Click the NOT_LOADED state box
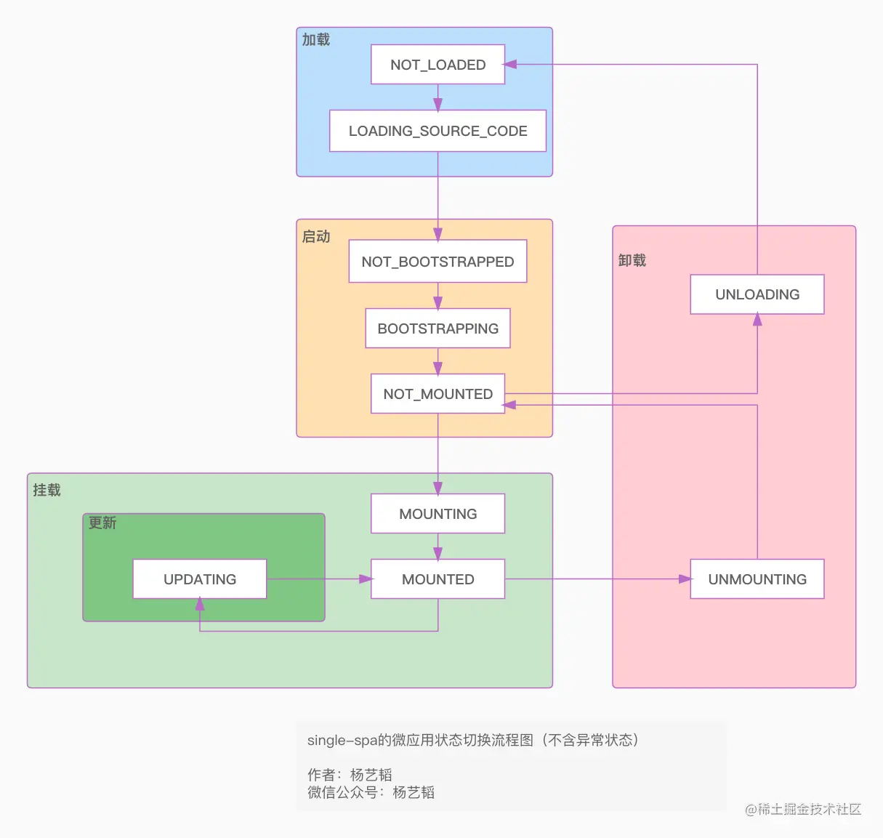[x=438, y=65]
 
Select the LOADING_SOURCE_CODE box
[x=438, y=131]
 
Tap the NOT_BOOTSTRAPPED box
[x=438, y=262]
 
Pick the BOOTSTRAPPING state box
[x=438, y=329]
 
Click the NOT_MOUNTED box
[x=438, y=394]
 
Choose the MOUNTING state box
[x=438, y=514]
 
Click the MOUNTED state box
[x=438, y=579]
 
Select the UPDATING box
[x=200, y=579]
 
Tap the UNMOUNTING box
[x=757, y=579]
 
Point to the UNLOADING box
[x=757, y=294]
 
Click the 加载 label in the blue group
[x=316, y=40]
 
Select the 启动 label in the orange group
[x=316, y=237]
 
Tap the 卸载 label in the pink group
[x=632, y=260]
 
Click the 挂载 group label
[x=47, y=491]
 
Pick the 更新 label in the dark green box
[x=102, y=523]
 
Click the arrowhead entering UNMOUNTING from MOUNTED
[x=685, y=579]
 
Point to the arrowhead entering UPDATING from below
[x=200, y=604]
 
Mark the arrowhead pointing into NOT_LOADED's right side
[x=510, y=65]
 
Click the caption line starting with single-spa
[x=473, y=740]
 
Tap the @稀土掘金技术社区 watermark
[x=803, y=809]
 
